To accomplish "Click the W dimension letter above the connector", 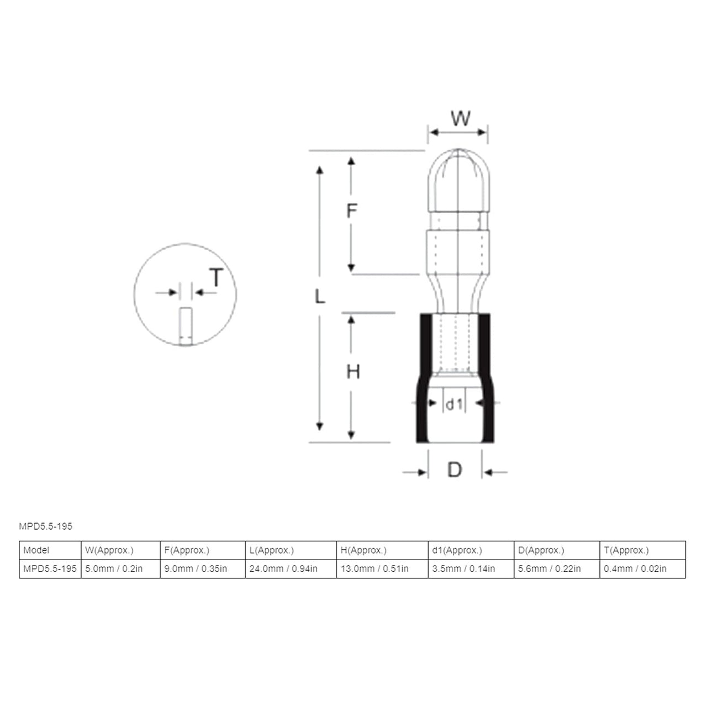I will click(x=460, y=118).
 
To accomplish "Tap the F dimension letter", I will click(x=352, y=210).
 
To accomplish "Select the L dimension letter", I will click(x=320, y=297).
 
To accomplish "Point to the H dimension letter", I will click(x=353, y=372).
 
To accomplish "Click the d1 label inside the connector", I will click(x=454, y=404).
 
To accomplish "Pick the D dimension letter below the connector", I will click(x=454, y=470).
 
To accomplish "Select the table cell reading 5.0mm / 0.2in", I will click(x=114, y=568).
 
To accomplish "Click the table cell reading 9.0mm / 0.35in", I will click(x=196, y=568).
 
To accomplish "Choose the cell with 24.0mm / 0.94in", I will click(x=283, y=568).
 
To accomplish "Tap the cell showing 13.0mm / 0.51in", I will click(x=374, y=568).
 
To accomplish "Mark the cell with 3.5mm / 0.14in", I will click(x=463, y=568).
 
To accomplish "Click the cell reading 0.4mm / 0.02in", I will click(x=635, y=568).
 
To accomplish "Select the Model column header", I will click(x=36, y=550).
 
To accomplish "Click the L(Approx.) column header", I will click(x=271, y=550).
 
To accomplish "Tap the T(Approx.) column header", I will click(x=626, y=550).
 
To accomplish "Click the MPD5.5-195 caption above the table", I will click(x=45, y=526).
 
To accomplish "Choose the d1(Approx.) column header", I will click(x=457, y=550).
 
